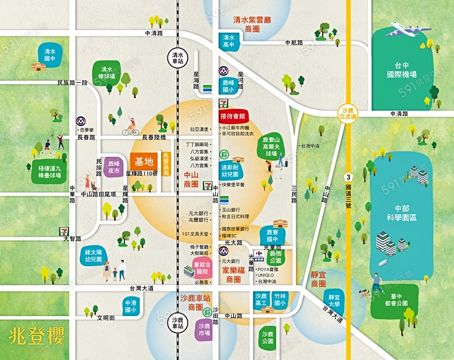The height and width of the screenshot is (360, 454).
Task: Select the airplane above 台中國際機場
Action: click(x=408, y=29)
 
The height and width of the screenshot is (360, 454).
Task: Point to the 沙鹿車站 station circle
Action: click(x=178, y=323)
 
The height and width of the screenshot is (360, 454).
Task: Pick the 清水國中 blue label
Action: click(x=49, y=55)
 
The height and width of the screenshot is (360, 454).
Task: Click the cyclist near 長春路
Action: click(x=131, y=126)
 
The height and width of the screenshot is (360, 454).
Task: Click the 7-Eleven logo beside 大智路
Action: click(x=64, y=230)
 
